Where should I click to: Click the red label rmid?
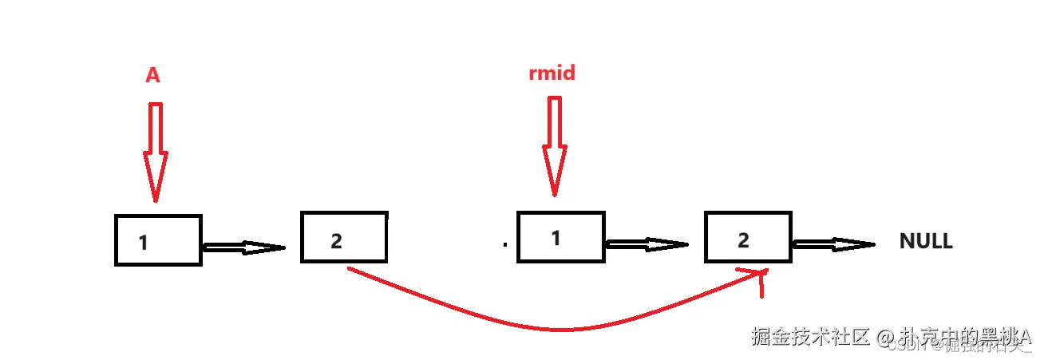(x=552, y=73)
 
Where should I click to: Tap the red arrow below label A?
(x=156, y=152)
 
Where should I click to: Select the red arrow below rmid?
(x=553, y=148)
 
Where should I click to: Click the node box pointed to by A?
(x=158, y=239)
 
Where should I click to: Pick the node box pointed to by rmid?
(x=560, y=237)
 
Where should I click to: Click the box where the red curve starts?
(x=344, y=237)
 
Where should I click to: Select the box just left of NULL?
(x=748, y=236)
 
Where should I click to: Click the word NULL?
(x=926, y=241)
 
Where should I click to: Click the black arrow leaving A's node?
(x=243, y=247)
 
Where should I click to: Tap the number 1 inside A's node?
(x=143, y=242)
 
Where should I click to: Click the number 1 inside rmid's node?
(x=556, y=238)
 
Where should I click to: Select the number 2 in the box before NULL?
(x=743, y=239)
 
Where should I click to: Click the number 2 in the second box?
(x=336, y=240)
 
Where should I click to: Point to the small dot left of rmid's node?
(x=504, y=244)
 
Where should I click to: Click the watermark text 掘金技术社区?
(x=809, y=337)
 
